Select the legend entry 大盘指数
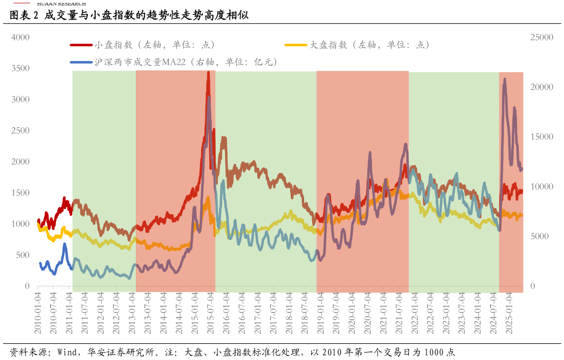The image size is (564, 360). coord(369,45)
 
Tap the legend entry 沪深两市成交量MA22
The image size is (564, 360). coord(186,63)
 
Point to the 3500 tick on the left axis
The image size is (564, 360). coord(20,68)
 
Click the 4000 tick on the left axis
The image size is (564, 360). coord(20,37)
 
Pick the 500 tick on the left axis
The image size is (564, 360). coord(23,255)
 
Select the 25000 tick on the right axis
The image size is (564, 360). coord(542,37)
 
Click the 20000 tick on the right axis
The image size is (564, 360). coord(542,87)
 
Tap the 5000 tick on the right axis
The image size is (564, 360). coord(540,237)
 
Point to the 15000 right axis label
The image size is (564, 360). coord(542,137)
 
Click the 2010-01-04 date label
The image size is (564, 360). coord(38,313)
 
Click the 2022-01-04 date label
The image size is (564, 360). coord(415,313)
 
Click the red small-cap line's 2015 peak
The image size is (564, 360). coord(208,73)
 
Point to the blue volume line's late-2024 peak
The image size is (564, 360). coord(505,79)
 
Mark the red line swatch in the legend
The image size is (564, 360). coord(81,45)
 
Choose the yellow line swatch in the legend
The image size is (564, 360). coord(295,45)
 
